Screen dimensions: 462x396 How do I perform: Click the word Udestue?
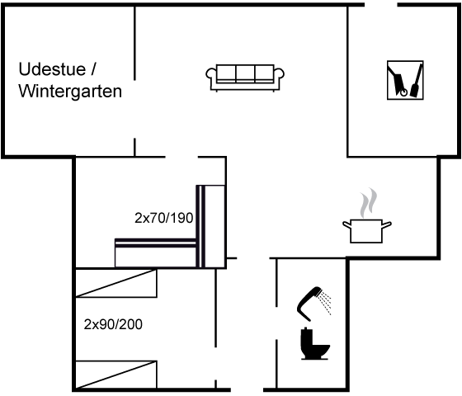(x=52, y=69)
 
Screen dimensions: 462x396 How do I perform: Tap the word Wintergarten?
(x=70, y=92)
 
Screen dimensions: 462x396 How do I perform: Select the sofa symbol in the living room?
(x=245, y=78)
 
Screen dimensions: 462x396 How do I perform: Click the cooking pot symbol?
(x=366, y=231)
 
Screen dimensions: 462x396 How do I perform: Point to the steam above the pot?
(x=368, y=203)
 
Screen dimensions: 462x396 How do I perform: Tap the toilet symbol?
(x=314, y=343)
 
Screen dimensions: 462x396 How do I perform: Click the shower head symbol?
(x=309, y=302)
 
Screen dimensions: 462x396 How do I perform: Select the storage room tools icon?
(x=405, y=80)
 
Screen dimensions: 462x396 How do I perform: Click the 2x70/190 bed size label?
(x=164, y=218)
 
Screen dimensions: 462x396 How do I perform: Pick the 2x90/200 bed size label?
(x=113, y=324)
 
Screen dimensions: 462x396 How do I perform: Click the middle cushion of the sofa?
(x=246, y=73)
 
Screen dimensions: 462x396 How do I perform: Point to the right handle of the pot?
(x=387, y=224)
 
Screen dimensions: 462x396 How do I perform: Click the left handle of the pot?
(x=346, y=224)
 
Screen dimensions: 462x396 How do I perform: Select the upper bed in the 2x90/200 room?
(x=116, y=283)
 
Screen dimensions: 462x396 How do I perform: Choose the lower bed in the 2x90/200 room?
(x=116, y=375)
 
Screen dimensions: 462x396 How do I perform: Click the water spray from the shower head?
(x=326, y=303)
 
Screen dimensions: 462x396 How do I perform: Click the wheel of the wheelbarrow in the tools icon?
(x=404, y=92)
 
